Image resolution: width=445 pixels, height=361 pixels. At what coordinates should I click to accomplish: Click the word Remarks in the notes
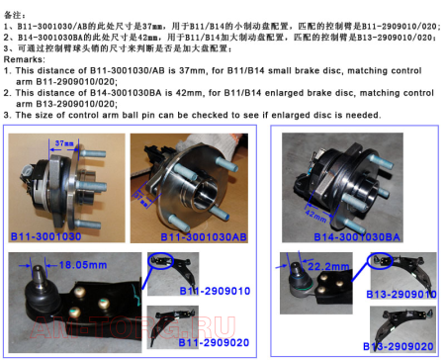[25, 59]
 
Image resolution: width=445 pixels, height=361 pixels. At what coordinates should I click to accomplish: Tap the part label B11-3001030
[45, 237]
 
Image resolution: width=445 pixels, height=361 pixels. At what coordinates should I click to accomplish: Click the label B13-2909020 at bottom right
[397, 346]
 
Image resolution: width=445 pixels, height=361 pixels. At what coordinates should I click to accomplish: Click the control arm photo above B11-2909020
[178, 319]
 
